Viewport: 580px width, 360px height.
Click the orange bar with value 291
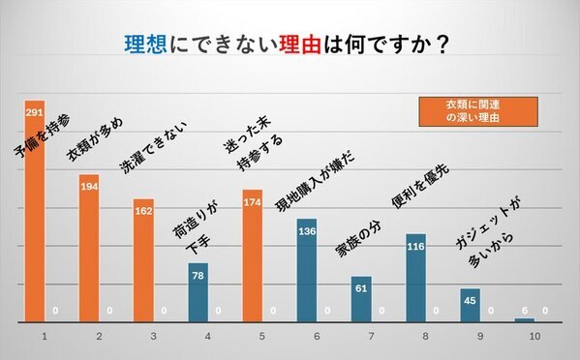tap(35, 223)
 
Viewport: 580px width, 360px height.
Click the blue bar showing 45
tap(470, 306)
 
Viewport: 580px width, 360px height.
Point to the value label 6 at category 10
tap(524, 311)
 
